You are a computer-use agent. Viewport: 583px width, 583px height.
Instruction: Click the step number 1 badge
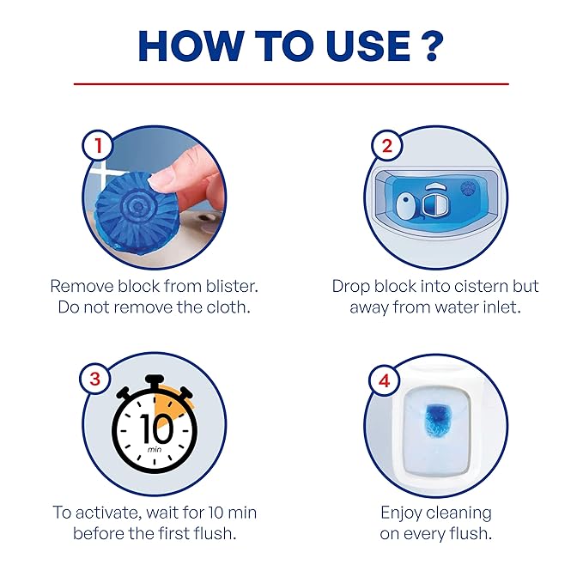100,146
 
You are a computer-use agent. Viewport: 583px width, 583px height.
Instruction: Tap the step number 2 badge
386,146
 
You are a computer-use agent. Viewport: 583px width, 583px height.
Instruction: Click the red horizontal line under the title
291,84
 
